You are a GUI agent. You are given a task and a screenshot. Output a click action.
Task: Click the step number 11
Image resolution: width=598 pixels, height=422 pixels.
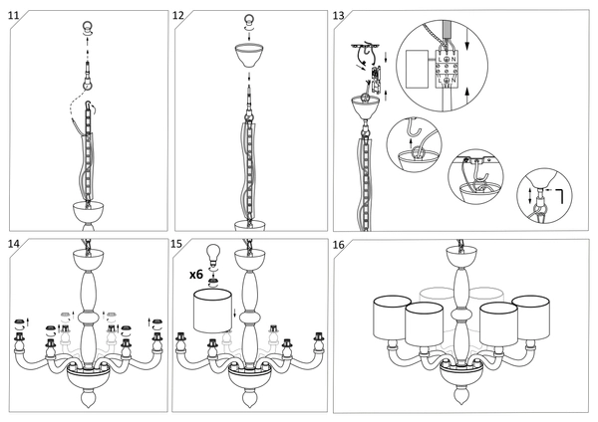point(13,17)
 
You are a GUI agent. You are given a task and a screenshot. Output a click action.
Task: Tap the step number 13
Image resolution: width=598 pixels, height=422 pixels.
point(339,17)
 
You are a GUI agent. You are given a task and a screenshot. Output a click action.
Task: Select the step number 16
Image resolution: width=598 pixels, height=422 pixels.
point(339,245)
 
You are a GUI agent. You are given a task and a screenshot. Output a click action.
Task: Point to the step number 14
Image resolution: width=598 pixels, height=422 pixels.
point(13,245)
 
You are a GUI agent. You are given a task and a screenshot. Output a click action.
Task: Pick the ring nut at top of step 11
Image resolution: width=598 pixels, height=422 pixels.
point(86,25)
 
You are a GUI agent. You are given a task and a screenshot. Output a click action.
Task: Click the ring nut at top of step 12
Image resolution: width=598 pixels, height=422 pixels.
point(248,19)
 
